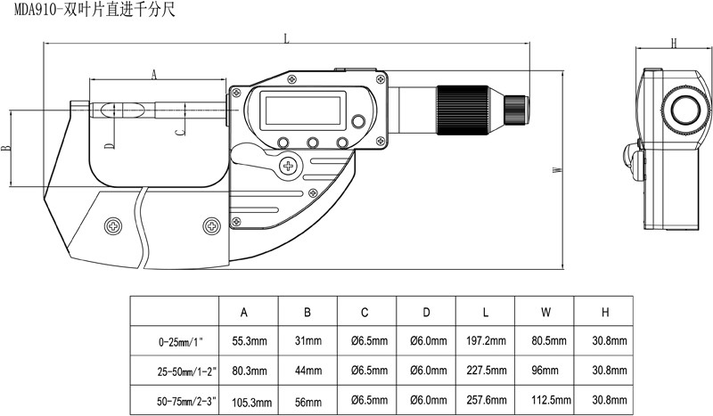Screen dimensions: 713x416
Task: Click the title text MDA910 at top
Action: [x=34, y=10]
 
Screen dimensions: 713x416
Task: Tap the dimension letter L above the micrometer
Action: [x=286, y=38]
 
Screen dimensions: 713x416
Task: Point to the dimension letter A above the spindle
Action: [x=153, y=75]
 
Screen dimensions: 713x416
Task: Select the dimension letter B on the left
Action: [x=6, y=148]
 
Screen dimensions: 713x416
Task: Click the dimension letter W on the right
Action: [x=558, y=169]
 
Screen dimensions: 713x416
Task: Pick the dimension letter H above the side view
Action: [x=674, y=43]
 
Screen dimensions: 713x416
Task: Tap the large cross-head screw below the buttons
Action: [x=288, y=167]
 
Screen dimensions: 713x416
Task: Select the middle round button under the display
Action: [x=313, y=143]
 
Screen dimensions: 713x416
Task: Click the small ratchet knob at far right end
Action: [x=516, y=110]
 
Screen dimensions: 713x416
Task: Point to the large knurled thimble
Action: [x=463, y=110]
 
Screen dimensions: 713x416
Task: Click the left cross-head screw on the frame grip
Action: [x=113, y=225]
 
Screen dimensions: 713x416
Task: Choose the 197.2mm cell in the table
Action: [x=486, y=340]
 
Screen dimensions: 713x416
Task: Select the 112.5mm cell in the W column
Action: [x=551, y=400]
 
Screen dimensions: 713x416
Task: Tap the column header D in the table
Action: [x=426, y=313]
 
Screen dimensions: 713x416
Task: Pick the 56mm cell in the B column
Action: [x=307, y=402]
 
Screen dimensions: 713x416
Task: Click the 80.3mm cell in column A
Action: [x=250, y=371]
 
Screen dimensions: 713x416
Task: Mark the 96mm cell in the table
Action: [x=545, y=370]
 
